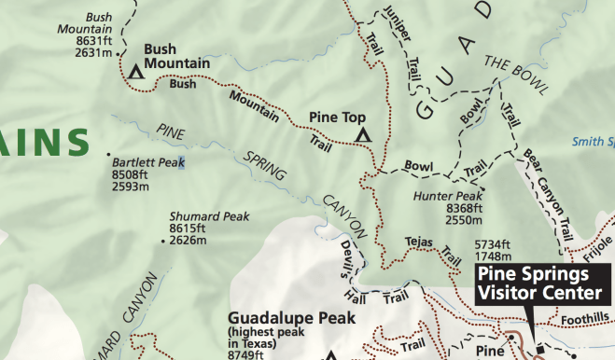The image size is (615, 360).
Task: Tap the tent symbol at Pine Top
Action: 363,135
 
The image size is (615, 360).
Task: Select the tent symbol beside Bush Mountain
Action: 136,70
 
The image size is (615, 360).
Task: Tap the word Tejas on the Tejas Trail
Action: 420,242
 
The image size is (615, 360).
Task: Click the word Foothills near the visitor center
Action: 585,319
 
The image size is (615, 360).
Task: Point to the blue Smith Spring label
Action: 593,143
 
